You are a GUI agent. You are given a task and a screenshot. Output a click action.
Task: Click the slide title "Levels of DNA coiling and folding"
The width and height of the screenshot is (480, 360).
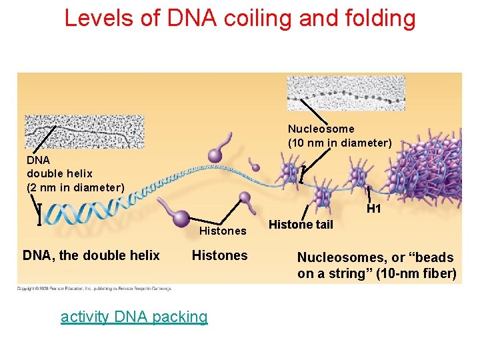pos(240,18)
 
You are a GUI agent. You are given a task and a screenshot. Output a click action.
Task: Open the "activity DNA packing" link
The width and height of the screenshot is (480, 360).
pos(134,316)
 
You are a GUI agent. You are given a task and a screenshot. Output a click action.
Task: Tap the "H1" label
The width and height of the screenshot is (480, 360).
pos(374,209)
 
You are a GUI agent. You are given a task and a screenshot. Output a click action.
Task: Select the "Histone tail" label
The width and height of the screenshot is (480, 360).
pos(300,225)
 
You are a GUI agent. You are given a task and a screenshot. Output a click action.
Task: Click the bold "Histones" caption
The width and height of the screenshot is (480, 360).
pos(219,255)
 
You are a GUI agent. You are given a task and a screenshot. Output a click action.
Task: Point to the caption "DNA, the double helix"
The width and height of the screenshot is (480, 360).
pos(91,255)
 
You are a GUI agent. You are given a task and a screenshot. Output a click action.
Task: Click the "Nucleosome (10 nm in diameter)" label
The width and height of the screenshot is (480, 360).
pos(339,135)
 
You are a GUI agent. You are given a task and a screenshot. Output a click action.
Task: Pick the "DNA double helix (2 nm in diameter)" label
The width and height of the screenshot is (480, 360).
pos(75,173)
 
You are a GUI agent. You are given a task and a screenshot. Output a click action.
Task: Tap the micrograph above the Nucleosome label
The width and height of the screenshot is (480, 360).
pos(345,93)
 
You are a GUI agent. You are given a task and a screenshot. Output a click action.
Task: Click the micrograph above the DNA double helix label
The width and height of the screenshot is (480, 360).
pos(84,132)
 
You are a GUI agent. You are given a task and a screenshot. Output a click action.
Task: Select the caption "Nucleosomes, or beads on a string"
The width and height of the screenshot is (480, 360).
pos(377,265)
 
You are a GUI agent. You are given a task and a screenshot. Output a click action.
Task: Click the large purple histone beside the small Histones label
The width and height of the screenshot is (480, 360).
pos(180,219)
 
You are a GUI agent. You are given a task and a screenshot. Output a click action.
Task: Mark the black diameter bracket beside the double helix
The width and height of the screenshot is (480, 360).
pos(39,214)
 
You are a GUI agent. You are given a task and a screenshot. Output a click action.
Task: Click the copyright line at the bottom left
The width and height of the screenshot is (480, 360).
pos(94,289)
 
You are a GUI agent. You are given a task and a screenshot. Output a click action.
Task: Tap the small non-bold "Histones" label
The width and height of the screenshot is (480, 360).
pos(223,231)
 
